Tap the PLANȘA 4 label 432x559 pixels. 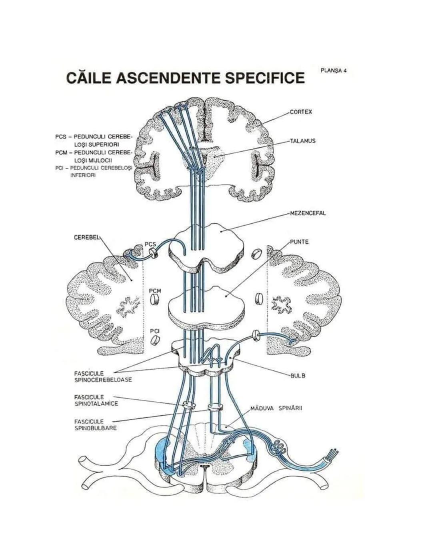pyautogui.click(x=333, y=70)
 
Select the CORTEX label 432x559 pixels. pyautogui.click(x=300, y=112)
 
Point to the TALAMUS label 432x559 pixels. pyautogui.click(x=303, y=141)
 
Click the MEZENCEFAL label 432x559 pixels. pyautogui.click(x=307, y=213)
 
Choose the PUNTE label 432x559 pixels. pyautogui.click(x=299, y=242)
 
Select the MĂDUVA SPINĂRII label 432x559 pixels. pyautogui.click(x=276, y=409)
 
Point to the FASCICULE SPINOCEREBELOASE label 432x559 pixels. pyautogui.click(x=102, y=376)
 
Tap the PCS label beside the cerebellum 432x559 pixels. pyautogui.click(x=150, y=244)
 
